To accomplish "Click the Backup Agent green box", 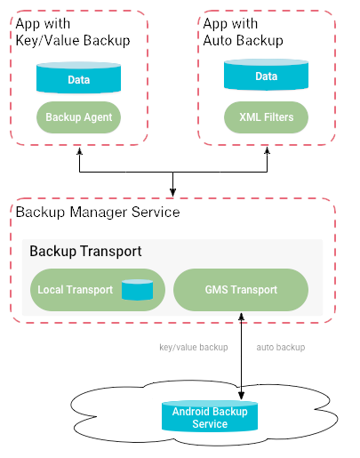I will (77, 117).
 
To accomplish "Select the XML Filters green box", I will (266, 117).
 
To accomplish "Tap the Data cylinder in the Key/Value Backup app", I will (77, 79).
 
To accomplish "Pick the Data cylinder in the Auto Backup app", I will (266, 76).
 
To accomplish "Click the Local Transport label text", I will (75, 289).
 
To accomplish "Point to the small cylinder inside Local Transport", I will (137, 289).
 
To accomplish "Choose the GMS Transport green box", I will (240, 289).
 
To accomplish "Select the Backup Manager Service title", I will (98, 213).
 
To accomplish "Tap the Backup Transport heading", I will (85, 251).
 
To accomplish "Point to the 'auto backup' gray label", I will (280, 347).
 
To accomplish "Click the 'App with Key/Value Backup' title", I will (72, 31).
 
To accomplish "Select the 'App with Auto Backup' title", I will (243, 31).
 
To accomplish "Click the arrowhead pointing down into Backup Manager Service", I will (173, 193).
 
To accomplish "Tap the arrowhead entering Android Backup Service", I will (241, 394).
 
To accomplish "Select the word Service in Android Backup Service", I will (211, 424).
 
